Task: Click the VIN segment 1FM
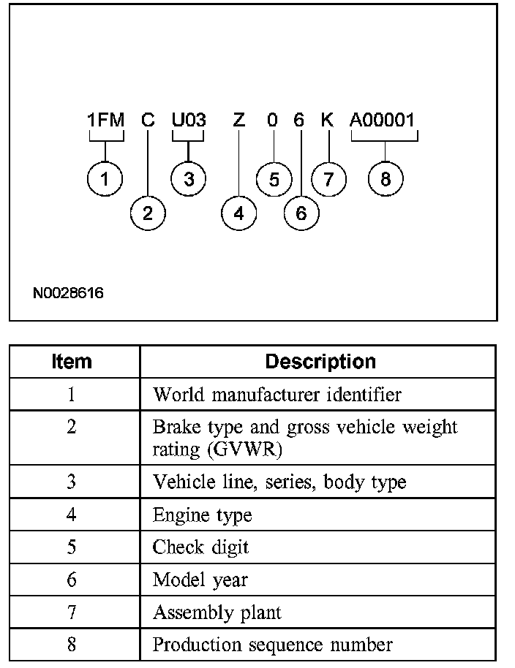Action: click(106, 120)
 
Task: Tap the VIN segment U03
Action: click(189, 120)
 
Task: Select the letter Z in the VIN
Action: click(238, 120)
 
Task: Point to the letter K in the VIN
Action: click(327, 120)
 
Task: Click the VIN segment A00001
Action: click(384, 120)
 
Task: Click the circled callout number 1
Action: click(105, 179)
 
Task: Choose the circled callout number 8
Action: click(386, 179)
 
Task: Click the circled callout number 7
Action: click(328, 179)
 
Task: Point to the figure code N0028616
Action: click(68, 293)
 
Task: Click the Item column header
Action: click(72, 361)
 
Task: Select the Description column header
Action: click(320, 361)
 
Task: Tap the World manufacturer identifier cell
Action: click(277, 395)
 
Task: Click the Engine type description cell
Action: click(202, 515)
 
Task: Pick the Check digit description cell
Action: click(200, 547)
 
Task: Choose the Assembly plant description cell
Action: click(217, 612)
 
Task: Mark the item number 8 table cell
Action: click(72, 645)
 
